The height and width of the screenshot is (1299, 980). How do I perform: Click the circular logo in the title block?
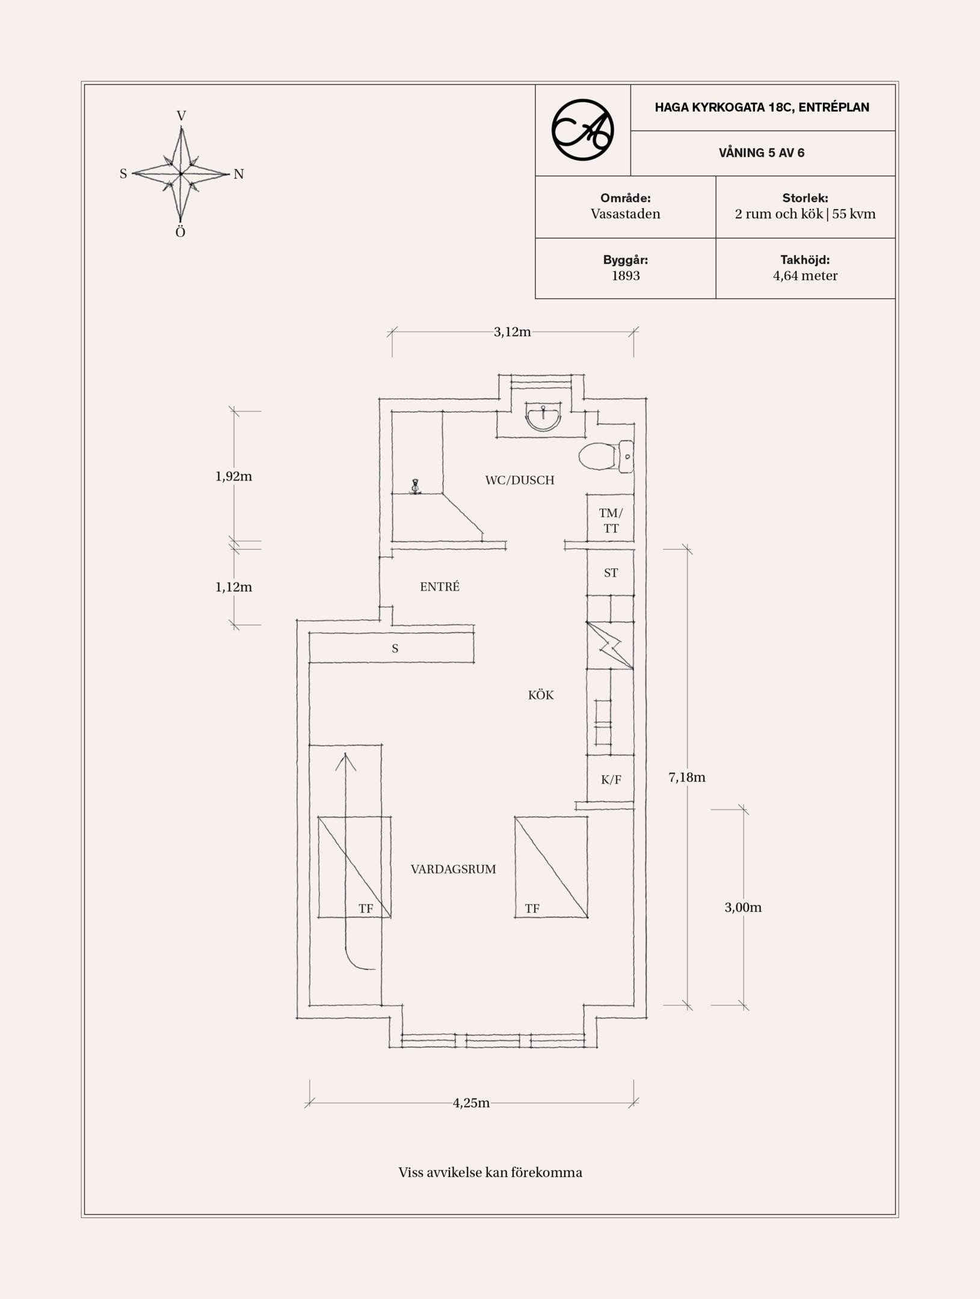(x=582, y=130)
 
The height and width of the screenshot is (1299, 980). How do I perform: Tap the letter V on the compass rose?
(x=181, y=115)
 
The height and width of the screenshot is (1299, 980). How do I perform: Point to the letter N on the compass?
(x=239, y=174)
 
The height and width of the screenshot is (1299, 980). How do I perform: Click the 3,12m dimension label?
(x=513, y=332)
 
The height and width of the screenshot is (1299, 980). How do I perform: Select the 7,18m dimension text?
(x=687, y=777)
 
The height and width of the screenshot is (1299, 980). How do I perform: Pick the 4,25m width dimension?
(x=471, y=1103)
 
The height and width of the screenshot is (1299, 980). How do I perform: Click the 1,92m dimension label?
(x=233, y=476)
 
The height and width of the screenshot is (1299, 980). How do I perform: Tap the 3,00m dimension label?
(x=743, y=907)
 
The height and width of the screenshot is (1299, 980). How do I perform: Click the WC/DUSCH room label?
(x=520, y=480)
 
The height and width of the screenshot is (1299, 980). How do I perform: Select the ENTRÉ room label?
(x=440, y=586)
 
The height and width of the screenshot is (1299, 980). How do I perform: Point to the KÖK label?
(x=541, y=695)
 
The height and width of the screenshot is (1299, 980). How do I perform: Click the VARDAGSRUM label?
(x=454, y=869)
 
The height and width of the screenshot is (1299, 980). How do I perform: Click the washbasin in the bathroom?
(x=543, y=417)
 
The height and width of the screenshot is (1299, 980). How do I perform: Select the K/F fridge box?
(x=611, y=779)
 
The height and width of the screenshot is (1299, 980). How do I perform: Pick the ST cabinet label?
(x=611, y=573)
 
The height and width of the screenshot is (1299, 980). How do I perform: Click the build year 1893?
(x=626, y=276)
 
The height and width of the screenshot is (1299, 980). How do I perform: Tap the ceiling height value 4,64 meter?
(x=805, y=276)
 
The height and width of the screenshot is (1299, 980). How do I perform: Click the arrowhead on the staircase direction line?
(x=345, y=761)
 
